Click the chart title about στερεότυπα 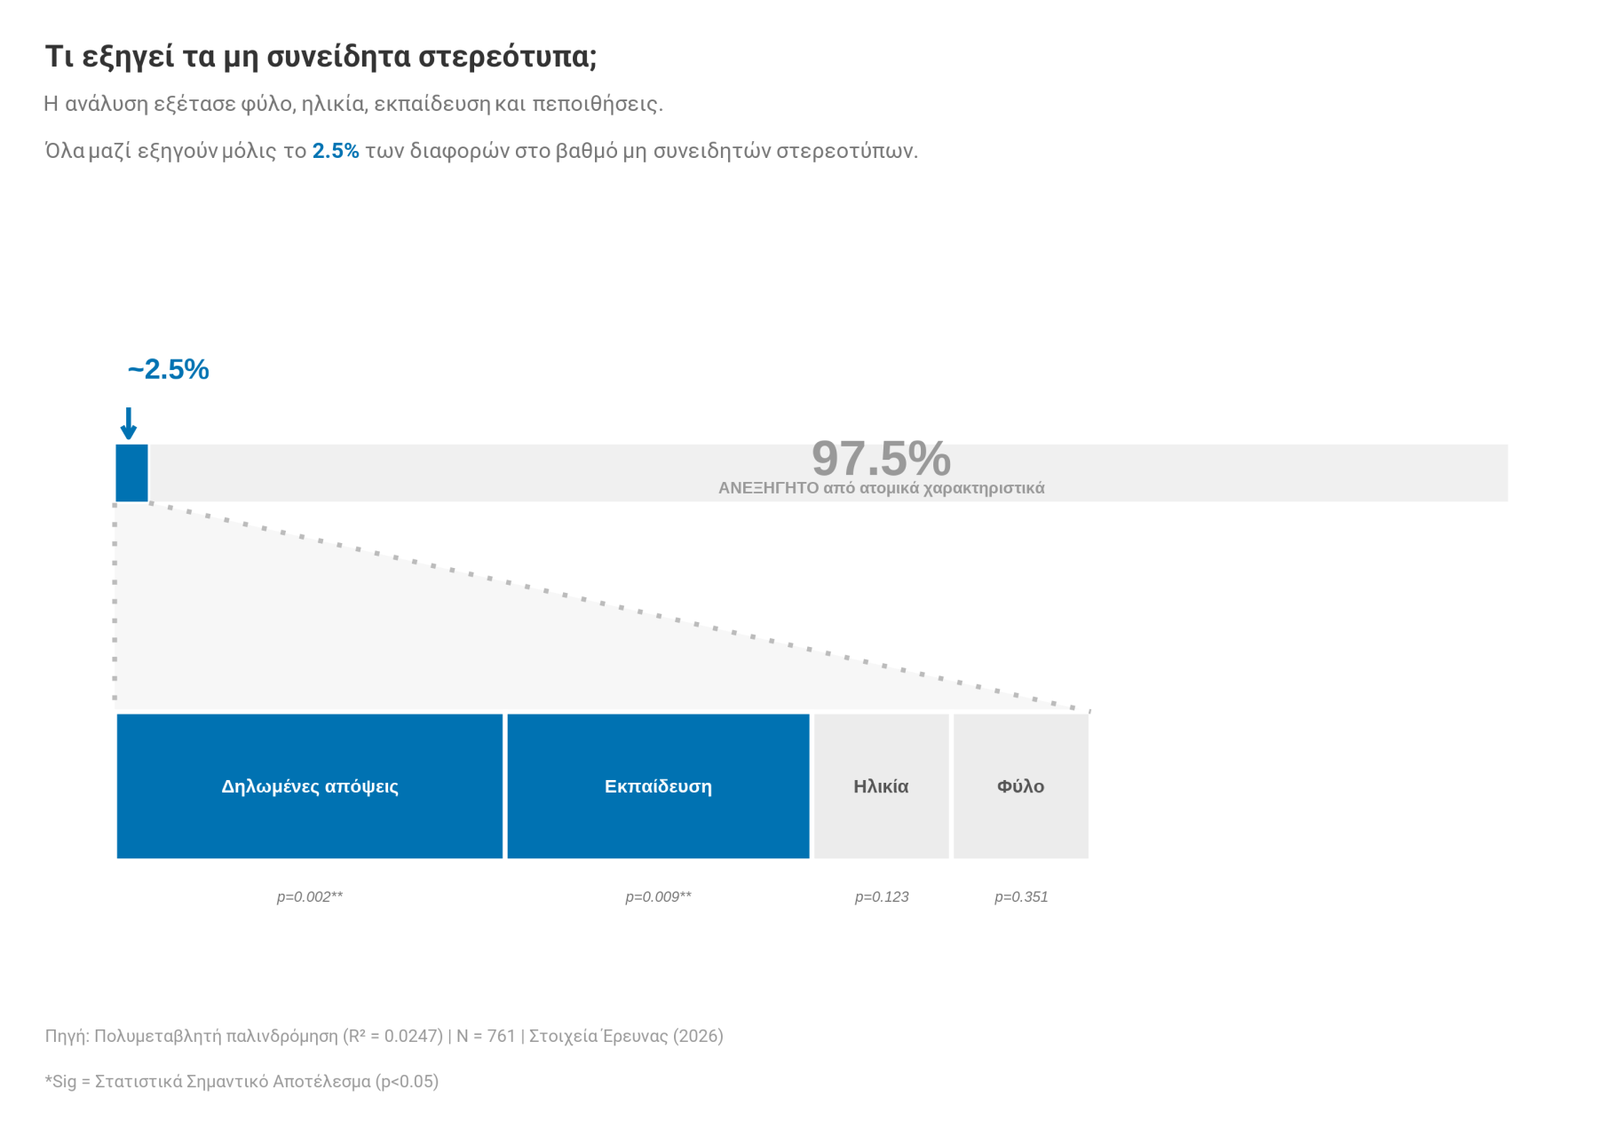321,57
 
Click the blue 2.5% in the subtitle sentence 336,151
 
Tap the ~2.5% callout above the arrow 168,369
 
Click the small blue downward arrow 129,423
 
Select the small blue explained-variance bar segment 131,473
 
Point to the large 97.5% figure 881,458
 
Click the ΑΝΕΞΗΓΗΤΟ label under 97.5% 881,488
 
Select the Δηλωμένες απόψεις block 309,786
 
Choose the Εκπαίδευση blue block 658,786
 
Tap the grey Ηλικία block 881,786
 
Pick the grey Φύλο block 1020,786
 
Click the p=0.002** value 309,896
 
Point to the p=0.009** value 658,896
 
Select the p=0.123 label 882,896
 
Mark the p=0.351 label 1021,896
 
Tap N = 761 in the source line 486,1036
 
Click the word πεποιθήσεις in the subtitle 597,104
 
